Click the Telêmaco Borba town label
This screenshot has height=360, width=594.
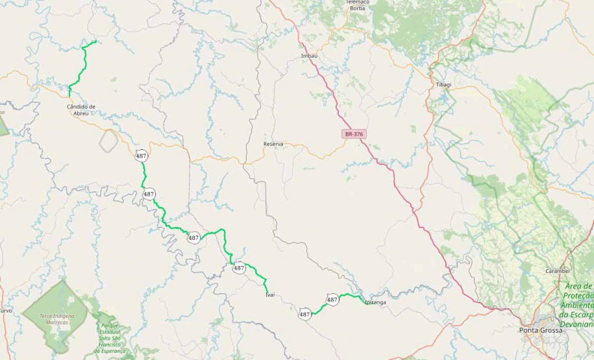point(357,5)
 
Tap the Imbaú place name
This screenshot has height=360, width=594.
point(310,56)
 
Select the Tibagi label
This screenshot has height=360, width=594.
point(443,85)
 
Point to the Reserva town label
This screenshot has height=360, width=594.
point(273,144)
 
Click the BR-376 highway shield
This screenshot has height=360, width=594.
point(354,134)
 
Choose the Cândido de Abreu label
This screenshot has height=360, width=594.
point(81,110)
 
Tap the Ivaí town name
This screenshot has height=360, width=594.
point(270,294)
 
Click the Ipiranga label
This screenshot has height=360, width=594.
point(375,302)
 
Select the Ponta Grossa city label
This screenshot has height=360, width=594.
point(541,330)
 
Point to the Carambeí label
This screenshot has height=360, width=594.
point(558,270)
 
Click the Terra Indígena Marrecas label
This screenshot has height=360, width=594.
point(57,318)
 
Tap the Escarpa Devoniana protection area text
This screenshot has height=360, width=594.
point(578,305)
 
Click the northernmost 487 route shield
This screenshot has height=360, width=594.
point(141,156)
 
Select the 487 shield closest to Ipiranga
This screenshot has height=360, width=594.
point(332,300)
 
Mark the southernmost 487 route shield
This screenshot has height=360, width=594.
point(304,315)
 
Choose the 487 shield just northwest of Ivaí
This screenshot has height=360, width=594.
point(239,268)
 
